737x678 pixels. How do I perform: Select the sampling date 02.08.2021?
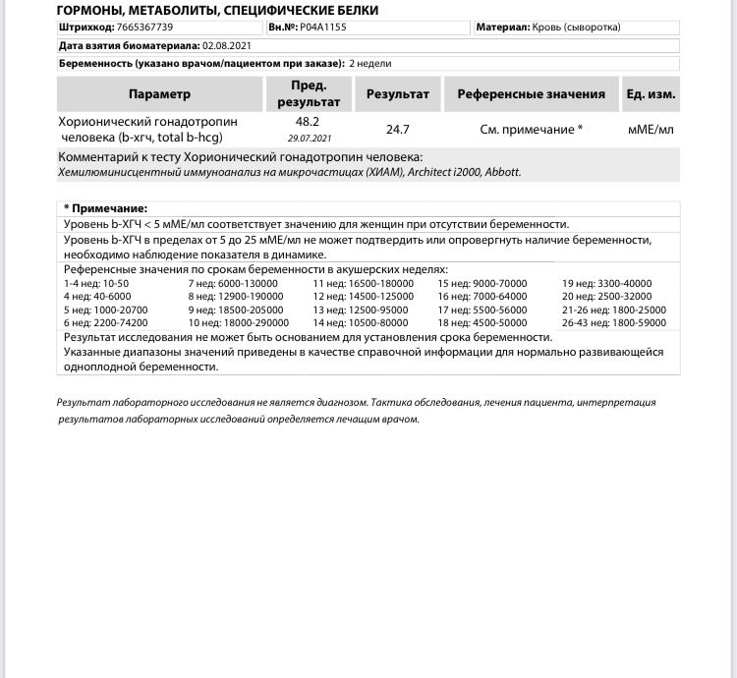coord(228,45)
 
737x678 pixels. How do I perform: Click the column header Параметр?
coord(159,94)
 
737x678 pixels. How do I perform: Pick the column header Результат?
coord(398,94)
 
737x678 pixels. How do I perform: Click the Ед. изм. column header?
coord(650,94)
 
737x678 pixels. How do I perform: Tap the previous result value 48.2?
coord(308,122)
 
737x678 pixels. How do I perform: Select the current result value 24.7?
coord(398,129)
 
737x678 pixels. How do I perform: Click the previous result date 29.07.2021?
coord(308,139)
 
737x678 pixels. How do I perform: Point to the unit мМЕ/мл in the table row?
coord(650,129)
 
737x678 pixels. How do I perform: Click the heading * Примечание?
coord(105,208)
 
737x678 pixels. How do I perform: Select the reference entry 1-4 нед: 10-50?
coord(96,283)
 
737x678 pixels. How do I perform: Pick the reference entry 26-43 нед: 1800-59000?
coord(613,322)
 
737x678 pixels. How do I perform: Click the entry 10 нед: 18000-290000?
coord(238,322)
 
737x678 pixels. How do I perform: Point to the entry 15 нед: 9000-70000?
coord(482,283)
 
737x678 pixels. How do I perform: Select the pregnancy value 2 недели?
coord(370,63)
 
